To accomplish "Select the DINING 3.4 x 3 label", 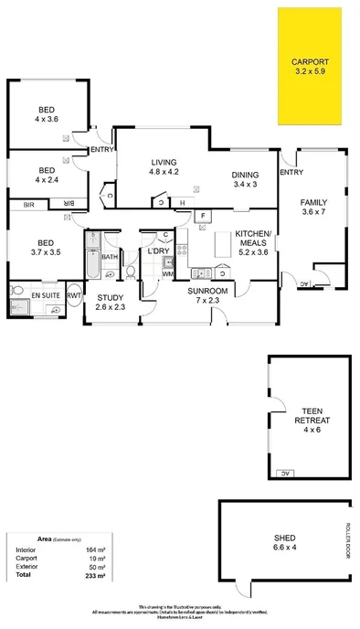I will coord(246,179).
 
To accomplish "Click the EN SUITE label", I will coord(44,297).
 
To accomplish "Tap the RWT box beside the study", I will coord(72,296).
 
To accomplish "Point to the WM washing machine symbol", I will coord(167,272).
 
